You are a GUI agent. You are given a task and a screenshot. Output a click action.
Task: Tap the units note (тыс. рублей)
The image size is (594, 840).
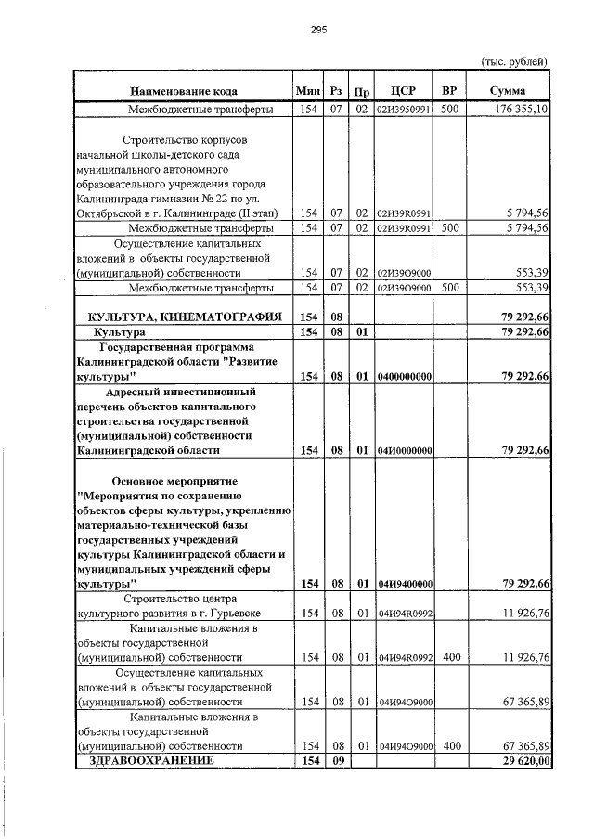point(514,61)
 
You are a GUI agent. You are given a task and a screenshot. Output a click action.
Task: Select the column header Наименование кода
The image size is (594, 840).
point(184,91)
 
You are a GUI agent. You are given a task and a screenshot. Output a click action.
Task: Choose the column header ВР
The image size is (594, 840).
point(449,91)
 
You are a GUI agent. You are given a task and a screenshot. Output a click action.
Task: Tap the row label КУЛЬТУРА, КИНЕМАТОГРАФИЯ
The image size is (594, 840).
point(184,317)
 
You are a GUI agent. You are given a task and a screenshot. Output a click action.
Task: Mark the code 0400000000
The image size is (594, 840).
point(404,376)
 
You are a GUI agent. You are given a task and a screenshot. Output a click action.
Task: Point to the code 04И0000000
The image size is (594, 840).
point(404,450)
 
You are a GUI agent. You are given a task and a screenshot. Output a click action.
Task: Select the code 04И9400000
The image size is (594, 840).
point(404,584)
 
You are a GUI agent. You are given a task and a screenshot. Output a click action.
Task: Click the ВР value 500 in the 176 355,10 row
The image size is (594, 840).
point(449,109)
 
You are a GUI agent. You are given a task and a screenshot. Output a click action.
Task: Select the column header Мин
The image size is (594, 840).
point(307,91)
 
